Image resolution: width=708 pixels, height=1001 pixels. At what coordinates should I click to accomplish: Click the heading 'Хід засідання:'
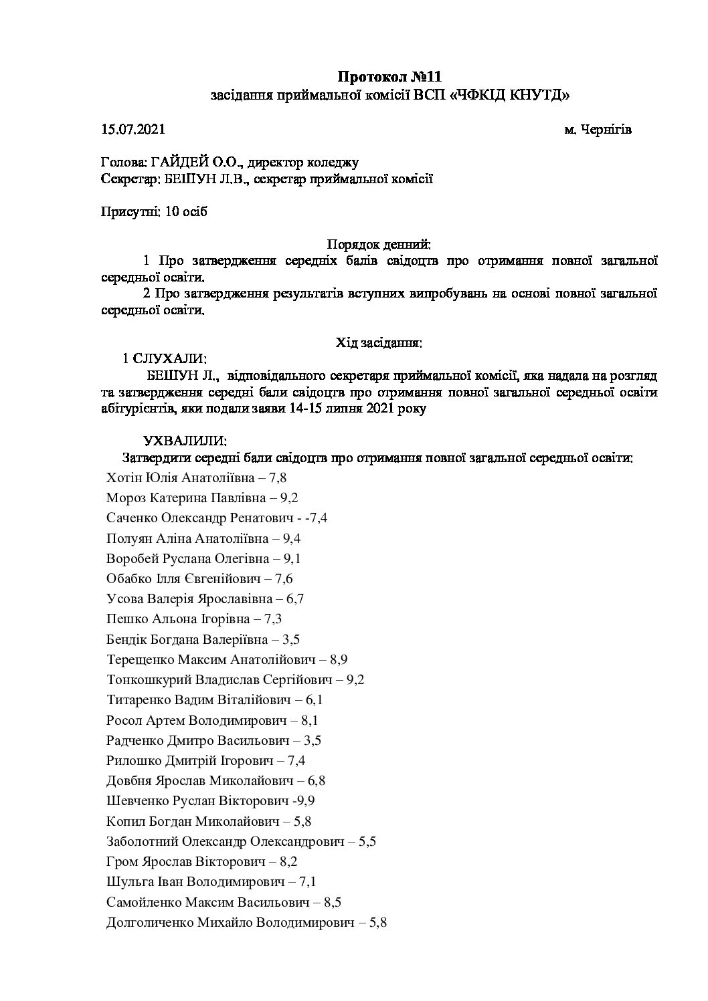[x=378, y=343]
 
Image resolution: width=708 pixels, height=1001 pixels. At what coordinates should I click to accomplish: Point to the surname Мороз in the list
[x=126, y=498]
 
